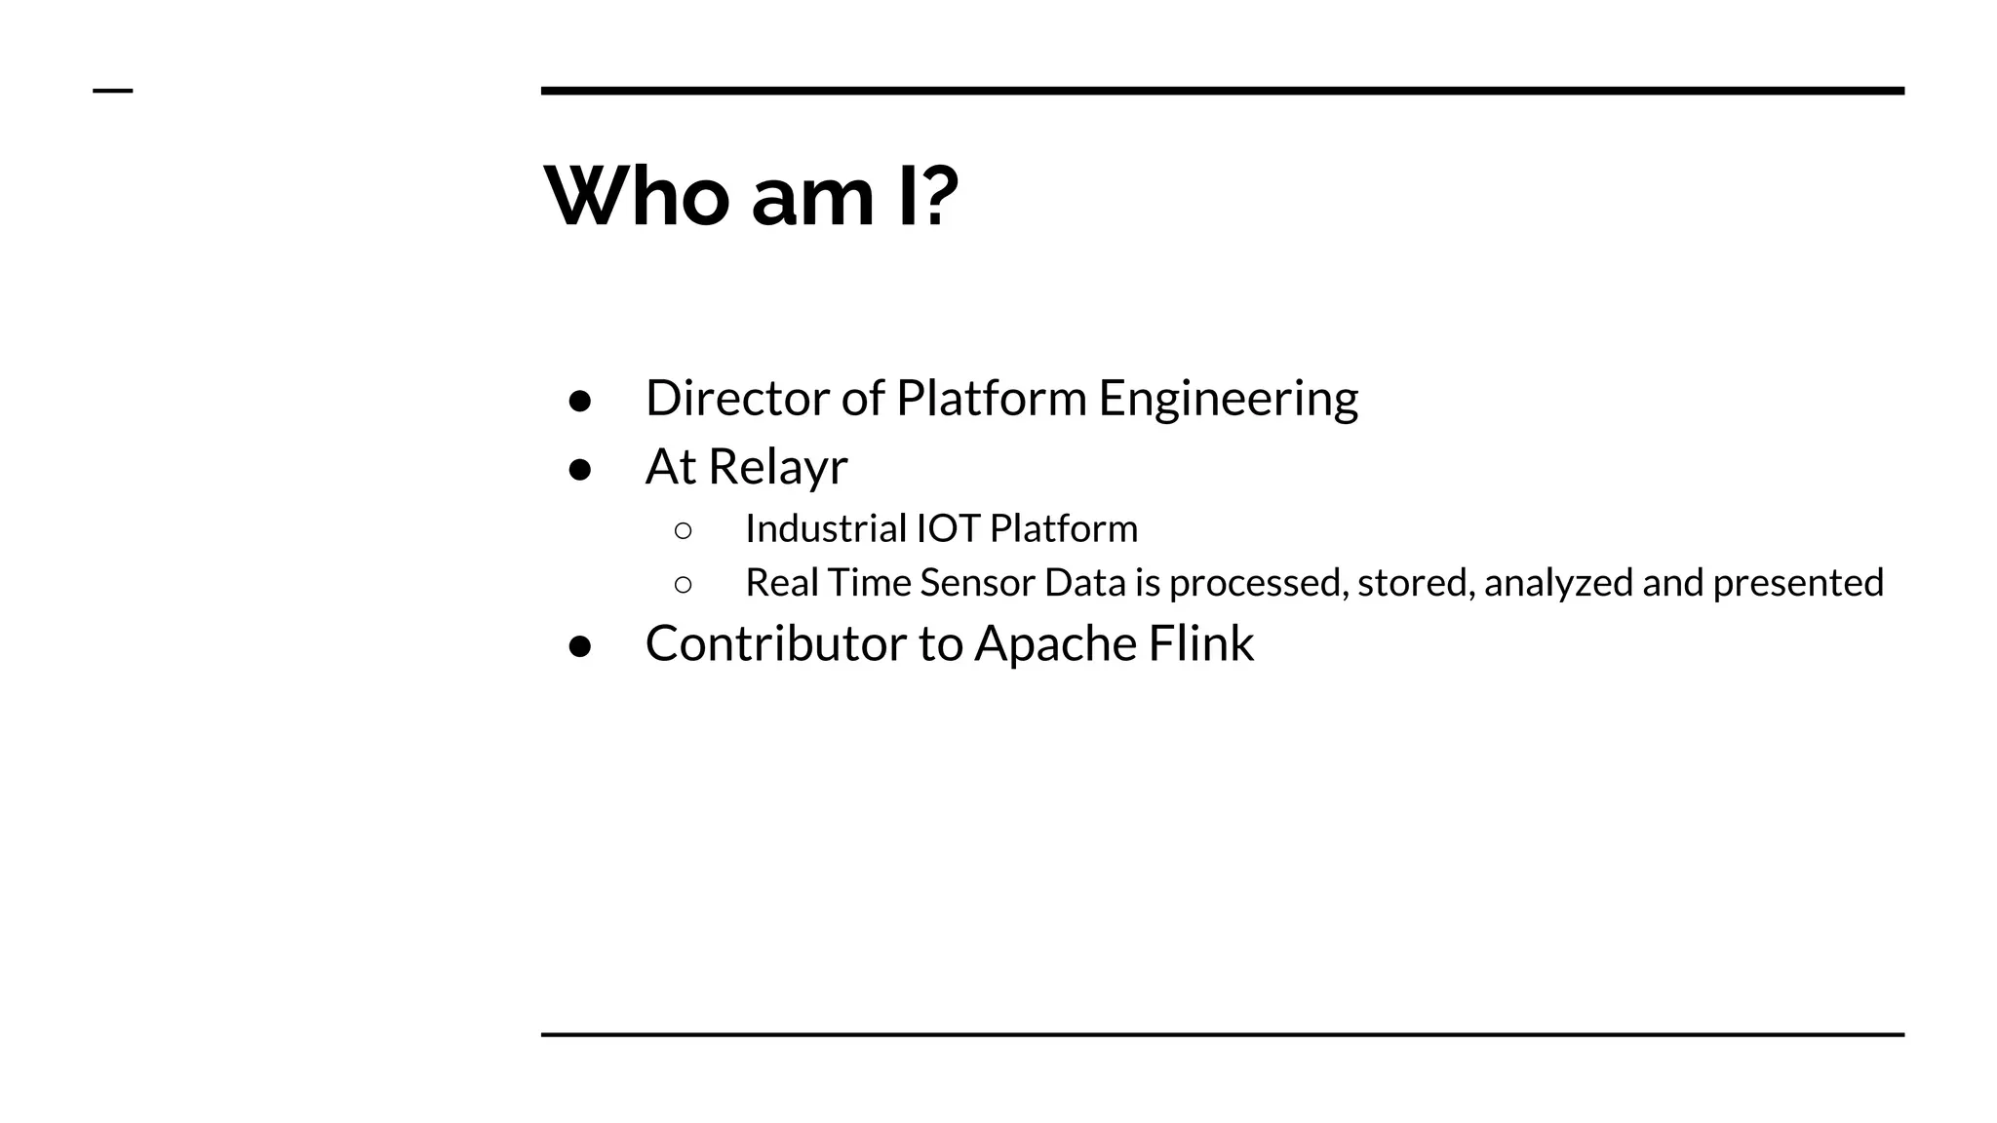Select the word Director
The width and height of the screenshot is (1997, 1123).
point(737,398)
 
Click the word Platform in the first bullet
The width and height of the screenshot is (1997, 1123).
point(991,398)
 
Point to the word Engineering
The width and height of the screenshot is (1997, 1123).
point(1228,400)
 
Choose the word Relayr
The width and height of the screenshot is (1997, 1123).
point(777,467)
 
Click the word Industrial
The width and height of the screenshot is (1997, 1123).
point(826,528)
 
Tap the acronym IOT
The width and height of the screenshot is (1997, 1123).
point(947,528)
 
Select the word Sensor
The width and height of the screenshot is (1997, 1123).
point(977,583)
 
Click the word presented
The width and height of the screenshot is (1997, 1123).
point(1797,583)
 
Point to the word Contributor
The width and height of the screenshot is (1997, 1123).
point(775,643)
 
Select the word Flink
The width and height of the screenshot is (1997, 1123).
point(1200,643)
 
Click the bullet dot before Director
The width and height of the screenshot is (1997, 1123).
point(580,401)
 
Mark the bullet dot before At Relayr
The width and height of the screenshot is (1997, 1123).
point(580,469)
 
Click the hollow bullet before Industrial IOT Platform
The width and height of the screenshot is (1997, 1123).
point(683,530)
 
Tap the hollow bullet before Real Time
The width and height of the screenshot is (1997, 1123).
point(683,585)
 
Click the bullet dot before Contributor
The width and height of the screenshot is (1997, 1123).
point(580,646)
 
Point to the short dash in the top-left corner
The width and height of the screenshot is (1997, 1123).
point(112,91)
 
